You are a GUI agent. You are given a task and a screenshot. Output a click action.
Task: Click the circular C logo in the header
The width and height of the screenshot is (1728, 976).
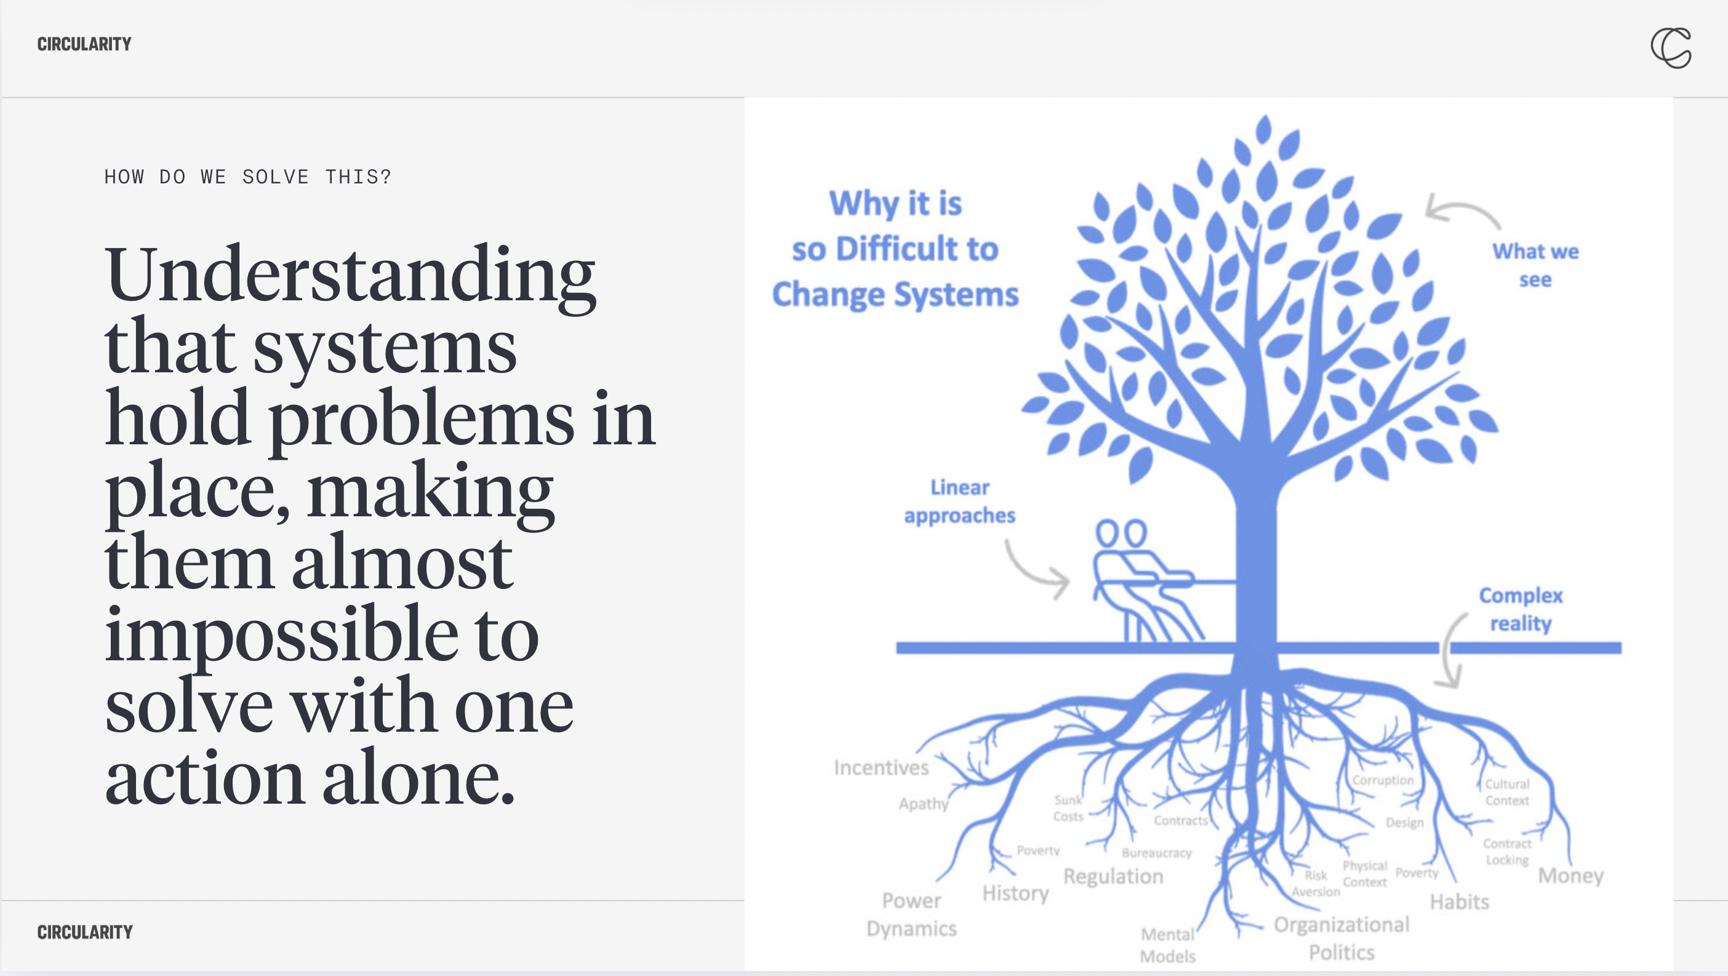pos(1670,47)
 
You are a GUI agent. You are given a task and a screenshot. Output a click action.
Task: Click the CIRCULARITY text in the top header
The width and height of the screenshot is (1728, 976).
pos(84,44)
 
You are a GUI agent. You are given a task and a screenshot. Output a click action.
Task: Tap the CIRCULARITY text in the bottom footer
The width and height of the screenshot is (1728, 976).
pos(84,932)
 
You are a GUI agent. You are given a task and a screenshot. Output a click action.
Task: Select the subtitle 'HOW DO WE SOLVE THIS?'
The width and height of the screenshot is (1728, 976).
pos(247,177)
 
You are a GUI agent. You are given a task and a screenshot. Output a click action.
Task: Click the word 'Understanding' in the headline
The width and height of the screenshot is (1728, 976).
pos(350,275)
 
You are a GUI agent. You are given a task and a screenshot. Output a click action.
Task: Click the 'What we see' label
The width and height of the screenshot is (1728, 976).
pos(1535,265)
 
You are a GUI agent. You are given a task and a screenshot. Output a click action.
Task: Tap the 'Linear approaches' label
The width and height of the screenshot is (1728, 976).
pos(959,501)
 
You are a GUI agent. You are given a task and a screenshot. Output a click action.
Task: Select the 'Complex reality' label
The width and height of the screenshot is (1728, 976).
pos(1521,609)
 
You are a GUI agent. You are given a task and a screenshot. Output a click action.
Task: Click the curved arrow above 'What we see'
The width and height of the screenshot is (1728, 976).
pos(1462,210)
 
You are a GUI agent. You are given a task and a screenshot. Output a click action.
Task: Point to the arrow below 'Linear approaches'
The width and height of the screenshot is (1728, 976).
pos(1036,571)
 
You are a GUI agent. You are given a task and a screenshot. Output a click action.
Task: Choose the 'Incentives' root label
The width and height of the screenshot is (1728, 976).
pos(881,767)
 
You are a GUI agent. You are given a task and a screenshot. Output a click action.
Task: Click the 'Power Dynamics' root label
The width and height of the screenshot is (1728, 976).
pos(911,914)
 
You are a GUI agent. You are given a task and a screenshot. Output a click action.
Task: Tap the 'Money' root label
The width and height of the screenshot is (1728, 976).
pos(1570,875)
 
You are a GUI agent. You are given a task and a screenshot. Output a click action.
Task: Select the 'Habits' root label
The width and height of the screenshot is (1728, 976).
pos(1459,902)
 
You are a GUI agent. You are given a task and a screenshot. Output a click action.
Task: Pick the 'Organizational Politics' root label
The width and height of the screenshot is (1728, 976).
pos(1342,938)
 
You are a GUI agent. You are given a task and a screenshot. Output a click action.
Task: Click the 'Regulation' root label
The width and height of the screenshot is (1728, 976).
pos(1113,876)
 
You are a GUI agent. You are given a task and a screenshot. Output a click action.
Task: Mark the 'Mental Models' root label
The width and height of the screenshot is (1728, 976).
pos(1167,945)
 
